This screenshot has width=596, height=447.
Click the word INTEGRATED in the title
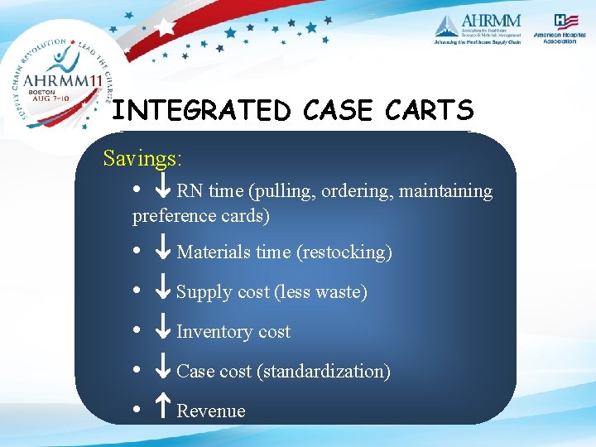click(x=201, y=110)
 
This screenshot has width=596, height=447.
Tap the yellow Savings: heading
click(x=142, y=157)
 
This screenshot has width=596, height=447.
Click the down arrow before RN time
click(x=164, y=190)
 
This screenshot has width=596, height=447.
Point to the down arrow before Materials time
click(x=164, y=251)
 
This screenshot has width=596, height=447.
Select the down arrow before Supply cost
click(x=164, y=291)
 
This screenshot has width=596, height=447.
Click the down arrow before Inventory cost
click(x=164, y=331)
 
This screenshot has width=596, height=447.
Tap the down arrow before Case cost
click(x=164, y=371)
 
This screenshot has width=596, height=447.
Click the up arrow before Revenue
click(x=164, y=411)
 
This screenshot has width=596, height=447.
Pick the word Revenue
click(x=211, y=411)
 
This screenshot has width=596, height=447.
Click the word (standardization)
click(x=324, y=372)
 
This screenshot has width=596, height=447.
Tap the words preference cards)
click(x=201, y=216)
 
